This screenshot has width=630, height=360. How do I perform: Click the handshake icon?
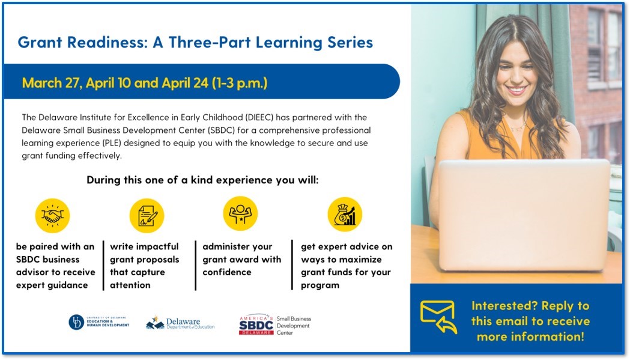pos(52,216)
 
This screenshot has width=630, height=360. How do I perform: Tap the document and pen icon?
pos(147,216)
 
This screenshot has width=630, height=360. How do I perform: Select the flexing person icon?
pos(240,213)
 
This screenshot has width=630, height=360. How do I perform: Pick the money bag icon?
pos(345,215)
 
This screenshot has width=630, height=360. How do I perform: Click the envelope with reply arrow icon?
pos(438,317)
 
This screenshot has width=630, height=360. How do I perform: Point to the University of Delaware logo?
pos(99,322)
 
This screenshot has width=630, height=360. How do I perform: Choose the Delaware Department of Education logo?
pos(180,323)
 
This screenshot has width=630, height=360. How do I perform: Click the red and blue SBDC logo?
pos(256,325)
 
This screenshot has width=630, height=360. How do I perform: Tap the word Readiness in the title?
pos(108,42)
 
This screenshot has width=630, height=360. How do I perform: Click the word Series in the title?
pos(350,42)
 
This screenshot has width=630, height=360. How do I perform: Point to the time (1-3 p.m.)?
pos(240,83)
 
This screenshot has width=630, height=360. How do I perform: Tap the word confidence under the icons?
pos(227,272)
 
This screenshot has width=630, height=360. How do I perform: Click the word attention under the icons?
pos(130,285)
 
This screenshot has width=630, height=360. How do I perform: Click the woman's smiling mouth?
pos(516,90)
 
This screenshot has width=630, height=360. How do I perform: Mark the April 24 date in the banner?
pos(185,83)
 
